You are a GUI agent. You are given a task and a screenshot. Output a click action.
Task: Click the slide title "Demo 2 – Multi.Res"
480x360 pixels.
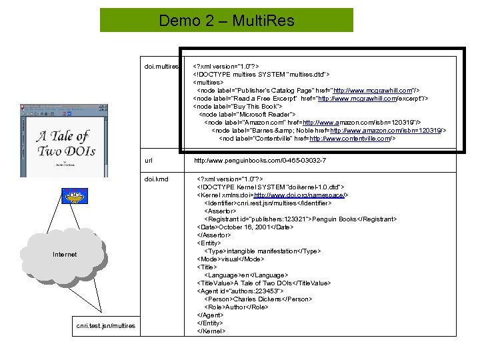pos(227,21)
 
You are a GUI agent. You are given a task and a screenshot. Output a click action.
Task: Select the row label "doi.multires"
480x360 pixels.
pos(161,67)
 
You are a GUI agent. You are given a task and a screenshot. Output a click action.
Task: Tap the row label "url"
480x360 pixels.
pos(149,161)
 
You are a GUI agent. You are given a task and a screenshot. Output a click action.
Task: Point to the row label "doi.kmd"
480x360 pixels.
pos(156,179)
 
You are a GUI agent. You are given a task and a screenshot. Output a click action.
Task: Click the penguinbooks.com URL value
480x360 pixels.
pos(260,161)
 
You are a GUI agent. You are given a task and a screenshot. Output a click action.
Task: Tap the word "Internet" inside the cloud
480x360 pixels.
pos(65,254)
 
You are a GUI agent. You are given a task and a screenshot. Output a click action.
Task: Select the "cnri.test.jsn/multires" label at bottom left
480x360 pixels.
pos(105,325)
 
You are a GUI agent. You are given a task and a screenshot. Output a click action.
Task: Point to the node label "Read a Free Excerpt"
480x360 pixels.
pos(256,99)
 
